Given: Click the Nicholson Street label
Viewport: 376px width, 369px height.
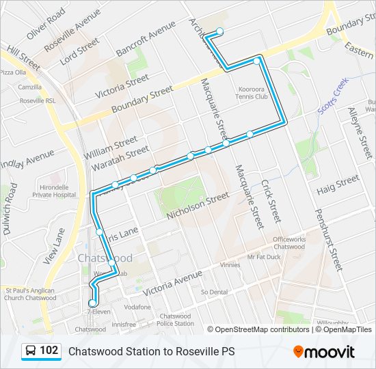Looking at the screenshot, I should pos(198,206).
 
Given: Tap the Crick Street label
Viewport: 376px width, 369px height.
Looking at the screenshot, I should pos(271,202).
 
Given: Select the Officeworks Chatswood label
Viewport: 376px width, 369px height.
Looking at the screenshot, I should pos(289,243).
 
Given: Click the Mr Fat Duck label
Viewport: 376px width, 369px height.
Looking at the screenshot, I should pos(264,257).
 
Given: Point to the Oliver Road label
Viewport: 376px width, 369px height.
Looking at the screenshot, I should pos(46,23).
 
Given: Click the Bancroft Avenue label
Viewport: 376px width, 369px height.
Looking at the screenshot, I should pos(146,42).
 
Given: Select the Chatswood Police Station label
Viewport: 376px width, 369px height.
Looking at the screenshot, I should pos(176,320).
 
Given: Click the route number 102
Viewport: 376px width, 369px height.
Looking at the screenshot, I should pos(49,351).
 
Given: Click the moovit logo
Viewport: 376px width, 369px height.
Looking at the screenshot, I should pos(324,352).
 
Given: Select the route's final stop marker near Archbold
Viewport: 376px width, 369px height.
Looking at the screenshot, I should pos(219,31).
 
